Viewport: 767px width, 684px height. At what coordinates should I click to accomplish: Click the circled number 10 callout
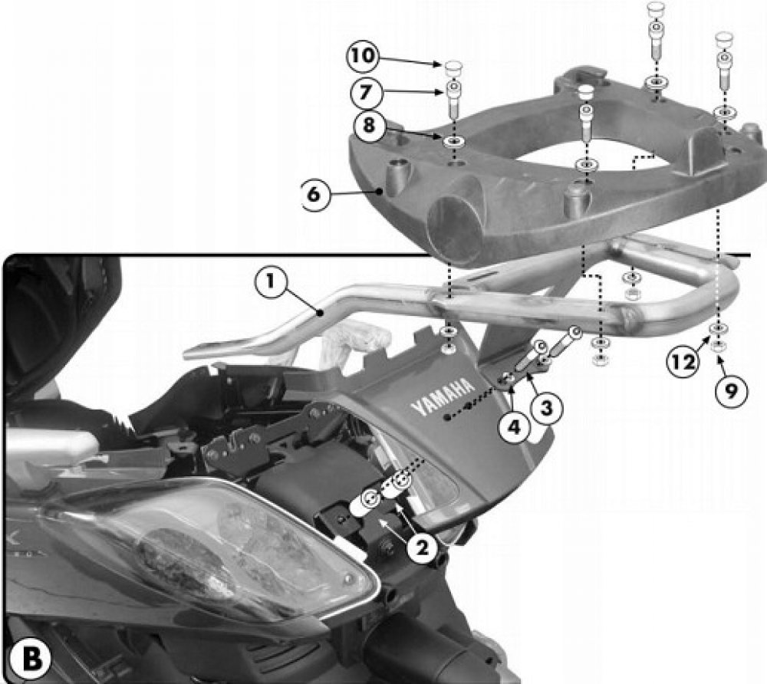tap(363, 56)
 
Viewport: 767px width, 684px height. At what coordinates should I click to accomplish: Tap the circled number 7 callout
tap(365, 92)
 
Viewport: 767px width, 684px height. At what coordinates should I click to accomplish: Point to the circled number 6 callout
tap(314, 194)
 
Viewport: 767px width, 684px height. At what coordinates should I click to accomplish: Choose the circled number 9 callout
tap(730, 390)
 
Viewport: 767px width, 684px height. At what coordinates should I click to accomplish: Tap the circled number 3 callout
tap(546, 406)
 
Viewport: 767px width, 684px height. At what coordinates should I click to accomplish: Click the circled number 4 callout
tap(514, 426)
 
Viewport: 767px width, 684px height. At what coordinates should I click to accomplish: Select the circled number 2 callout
tap(422, 548)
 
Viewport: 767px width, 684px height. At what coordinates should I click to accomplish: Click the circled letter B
tap(31, 657)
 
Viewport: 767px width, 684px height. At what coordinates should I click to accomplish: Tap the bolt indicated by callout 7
tap(453, 100)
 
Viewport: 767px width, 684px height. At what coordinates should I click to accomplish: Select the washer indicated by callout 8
tap(453, 143)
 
